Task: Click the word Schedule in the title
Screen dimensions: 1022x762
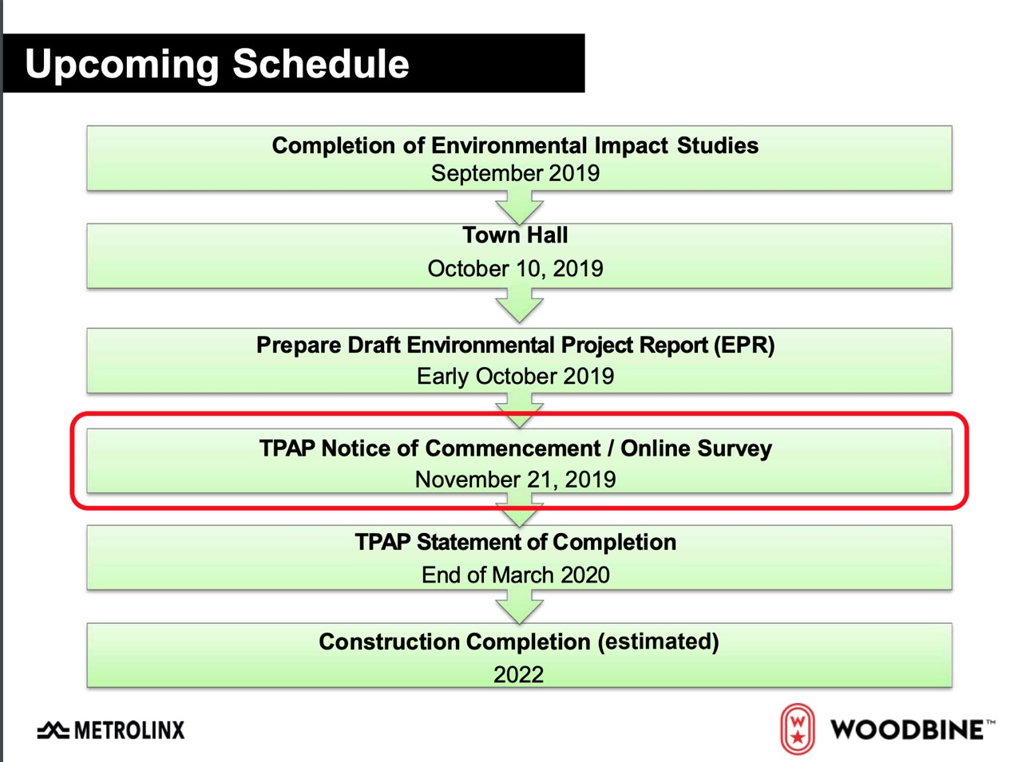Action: (320, 63)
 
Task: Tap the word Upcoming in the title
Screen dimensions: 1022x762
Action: (122, 65)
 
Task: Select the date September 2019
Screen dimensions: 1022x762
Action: (515, 173)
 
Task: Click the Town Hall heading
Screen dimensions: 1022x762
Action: (515, 235)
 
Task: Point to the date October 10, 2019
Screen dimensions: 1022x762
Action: (516, 268)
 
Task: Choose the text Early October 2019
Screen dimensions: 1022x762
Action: (515, 376)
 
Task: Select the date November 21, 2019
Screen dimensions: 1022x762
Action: (515, 480)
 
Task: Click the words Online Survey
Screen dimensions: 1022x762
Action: (696, 449)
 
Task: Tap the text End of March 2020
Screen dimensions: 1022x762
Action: (515, 575)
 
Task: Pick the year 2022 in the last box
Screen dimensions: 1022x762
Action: (518, 674)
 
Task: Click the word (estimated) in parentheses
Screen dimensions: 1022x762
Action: (659, 642)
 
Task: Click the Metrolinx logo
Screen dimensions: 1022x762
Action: (111, 730)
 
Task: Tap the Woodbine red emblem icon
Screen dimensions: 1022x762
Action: (797, 728)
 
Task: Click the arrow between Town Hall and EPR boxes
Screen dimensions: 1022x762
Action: (519, 305)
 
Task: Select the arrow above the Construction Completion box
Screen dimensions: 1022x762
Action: (519, 606)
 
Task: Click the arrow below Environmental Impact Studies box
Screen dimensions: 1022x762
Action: (519, 207)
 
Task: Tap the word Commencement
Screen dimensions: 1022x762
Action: (513, 448)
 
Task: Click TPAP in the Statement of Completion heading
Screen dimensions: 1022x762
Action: (382, 543)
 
